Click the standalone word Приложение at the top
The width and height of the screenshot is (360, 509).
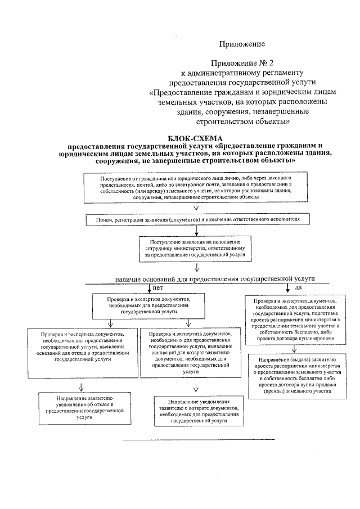[x=241, y=43]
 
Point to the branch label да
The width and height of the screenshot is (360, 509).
[x=298, y=287]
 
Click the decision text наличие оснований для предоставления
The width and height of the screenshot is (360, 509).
[x=214, y=278]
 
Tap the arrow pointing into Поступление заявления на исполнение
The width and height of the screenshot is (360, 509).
[x=196, y=230]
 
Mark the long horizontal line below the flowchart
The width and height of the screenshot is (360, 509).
[x=199, y=439]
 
